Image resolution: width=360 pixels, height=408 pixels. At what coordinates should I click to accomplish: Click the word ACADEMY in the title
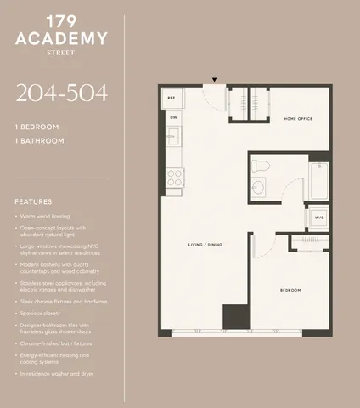click(62, 38)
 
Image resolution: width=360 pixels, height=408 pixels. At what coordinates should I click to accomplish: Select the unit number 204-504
click(61, 93)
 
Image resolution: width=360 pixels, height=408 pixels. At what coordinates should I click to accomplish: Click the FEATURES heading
click(33, 201)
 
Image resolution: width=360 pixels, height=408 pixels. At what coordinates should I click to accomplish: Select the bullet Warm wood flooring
click(52, 217)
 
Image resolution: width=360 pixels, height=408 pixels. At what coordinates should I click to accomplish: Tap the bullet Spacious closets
click(47, 314)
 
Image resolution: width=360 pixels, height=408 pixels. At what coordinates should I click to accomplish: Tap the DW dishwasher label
click(172, 117)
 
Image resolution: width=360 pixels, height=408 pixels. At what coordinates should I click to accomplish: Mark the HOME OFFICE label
click(298, 118)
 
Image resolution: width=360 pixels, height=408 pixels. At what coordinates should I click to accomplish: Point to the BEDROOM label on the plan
click(291, 290)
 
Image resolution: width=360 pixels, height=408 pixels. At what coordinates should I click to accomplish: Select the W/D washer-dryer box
click(319, 218)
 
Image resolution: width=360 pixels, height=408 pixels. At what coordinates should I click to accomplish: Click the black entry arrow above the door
click(214, 81)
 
